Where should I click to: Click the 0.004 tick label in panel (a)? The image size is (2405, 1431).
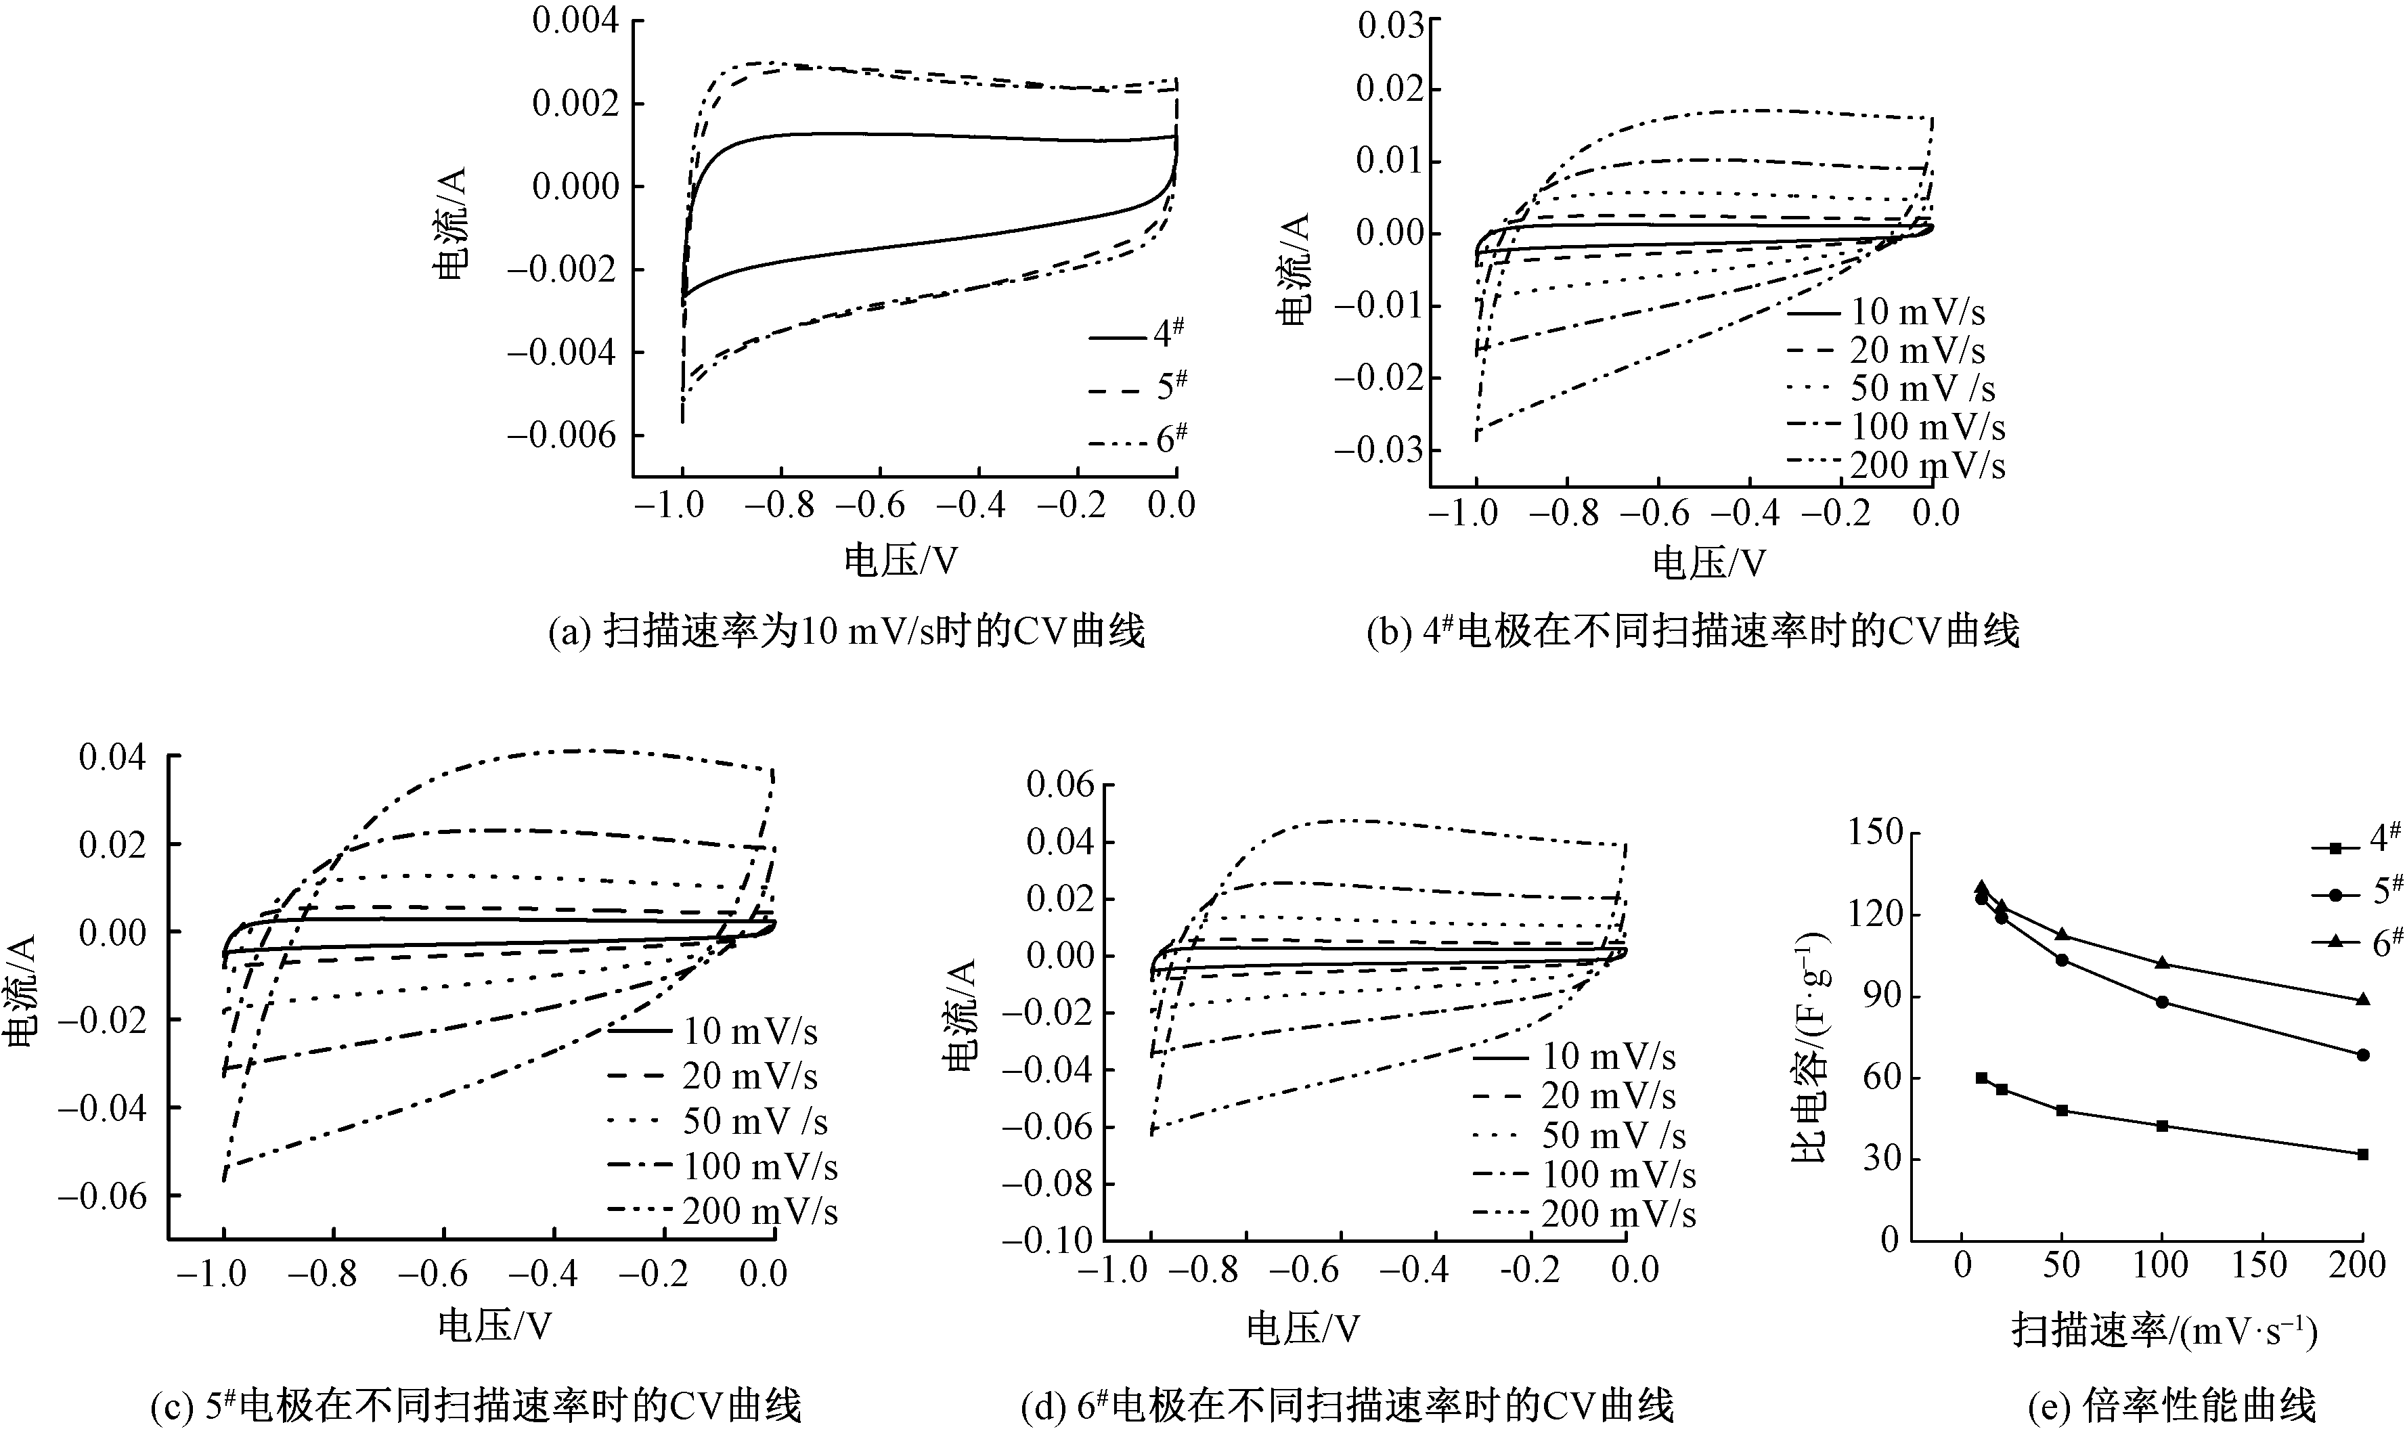point(575,21)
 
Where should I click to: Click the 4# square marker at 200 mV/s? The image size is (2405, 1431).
point(2362,1154)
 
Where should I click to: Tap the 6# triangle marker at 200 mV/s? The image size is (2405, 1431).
point(2362,1000)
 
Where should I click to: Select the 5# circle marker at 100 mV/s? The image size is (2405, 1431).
point(2161,1002)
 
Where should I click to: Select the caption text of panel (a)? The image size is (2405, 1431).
point(845,632)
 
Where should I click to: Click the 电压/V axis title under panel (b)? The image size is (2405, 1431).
point(1708,562)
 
